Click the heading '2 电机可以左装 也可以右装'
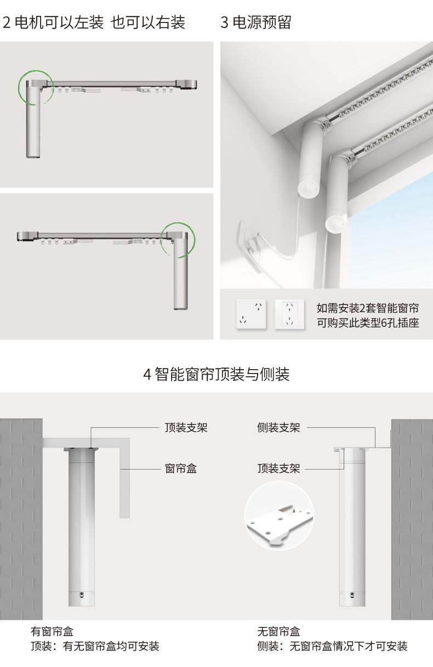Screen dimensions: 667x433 point(94,22)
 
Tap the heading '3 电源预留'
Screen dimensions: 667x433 point(255,22)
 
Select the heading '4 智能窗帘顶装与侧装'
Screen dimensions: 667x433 point(216,375)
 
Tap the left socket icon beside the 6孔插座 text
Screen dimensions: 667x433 point(251,314)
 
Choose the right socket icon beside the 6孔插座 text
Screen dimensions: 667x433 point(289,314)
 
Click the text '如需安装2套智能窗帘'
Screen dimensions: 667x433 point(368,308)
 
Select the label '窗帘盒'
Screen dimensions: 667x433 point(180,468)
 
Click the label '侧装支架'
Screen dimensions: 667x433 point(278,428)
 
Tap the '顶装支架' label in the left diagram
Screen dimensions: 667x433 point(186,428)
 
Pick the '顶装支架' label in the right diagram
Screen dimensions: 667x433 point(278,468)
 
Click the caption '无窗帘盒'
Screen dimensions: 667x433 point(278,632)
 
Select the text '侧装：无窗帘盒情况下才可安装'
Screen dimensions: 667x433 point(332,646)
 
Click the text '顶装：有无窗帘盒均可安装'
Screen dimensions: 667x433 point(95,646)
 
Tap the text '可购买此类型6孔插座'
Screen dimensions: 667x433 point(368,323)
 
